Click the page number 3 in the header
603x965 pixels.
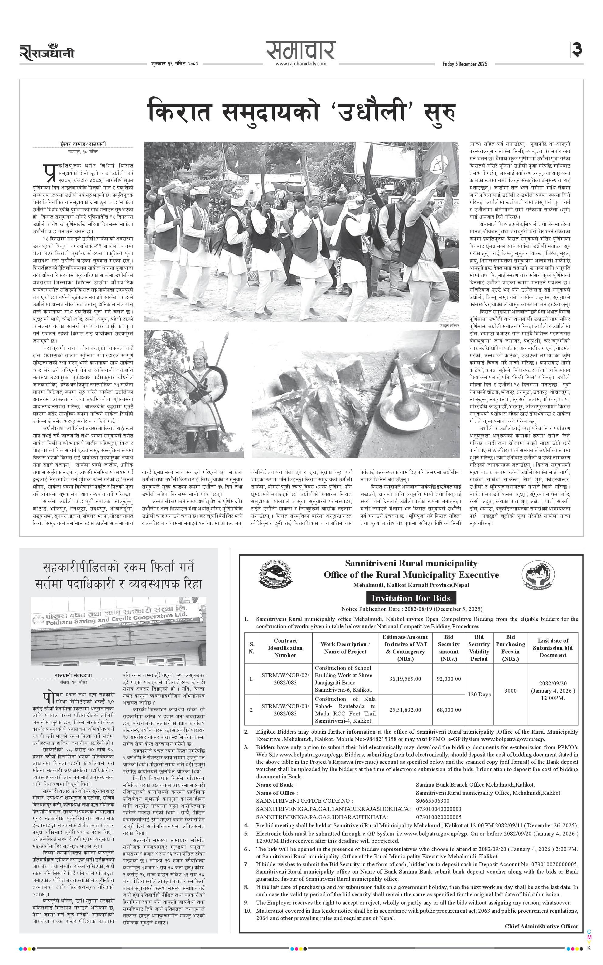(577, 50)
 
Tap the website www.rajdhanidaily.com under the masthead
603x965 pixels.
(301, 64)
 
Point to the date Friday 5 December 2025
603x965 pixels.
(465, 64)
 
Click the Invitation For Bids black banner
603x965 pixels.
(411, 598)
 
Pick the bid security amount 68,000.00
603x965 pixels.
(449, 709)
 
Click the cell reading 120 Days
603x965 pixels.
(479, 694)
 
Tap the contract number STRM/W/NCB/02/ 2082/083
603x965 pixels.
(285, 678)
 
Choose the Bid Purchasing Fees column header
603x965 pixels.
(511, 648)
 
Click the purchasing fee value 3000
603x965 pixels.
(511, 690)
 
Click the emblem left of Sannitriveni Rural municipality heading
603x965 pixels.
(275, 574)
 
